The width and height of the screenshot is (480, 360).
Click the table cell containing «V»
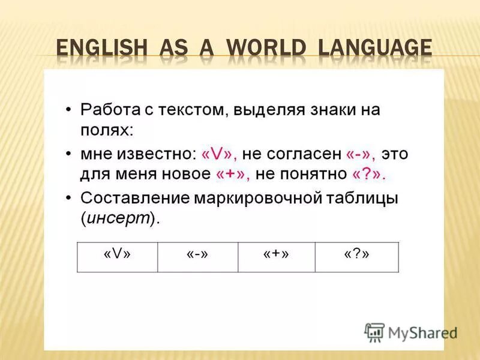[x=117, y=256]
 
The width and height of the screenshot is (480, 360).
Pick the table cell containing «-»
[x=197, y=256]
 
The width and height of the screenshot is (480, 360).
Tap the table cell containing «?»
[x=356, y=256]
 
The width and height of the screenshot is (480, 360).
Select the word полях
[x=106, y=130]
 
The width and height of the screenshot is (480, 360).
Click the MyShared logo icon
[x=375, y=332]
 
